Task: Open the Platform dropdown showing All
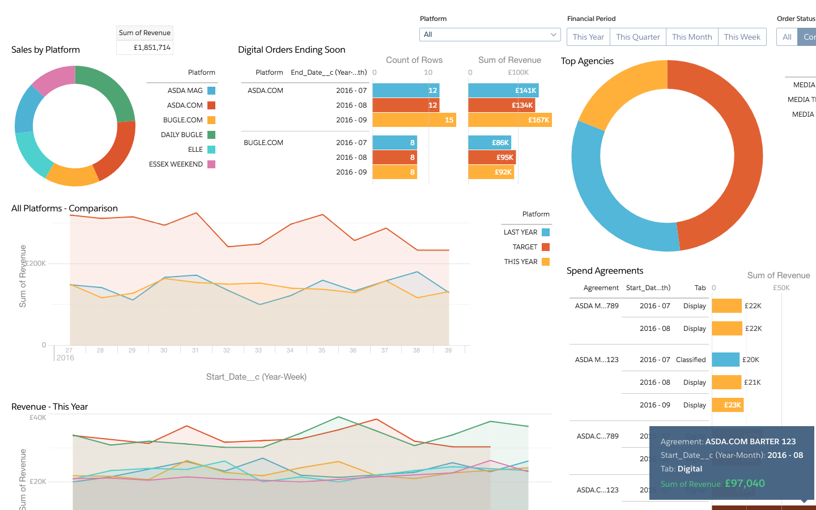click(x=490, y=35)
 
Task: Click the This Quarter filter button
click(x=637, y=37)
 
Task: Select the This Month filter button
click(x=691, y=37)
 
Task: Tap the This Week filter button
click(x=742, y=37)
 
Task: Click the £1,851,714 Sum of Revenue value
click(x=152, y=48)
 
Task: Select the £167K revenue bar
click(x=509, y=120)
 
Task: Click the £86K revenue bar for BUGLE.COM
click(x=490, y=143)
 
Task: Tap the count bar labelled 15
click(x=414, y=120)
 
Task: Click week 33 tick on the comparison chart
click(x=258, y=350)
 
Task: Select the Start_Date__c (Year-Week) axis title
click(x=256, y=377)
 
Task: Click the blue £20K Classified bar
click(x=725, y=360)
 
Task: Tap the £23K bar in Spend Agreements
click(x=728, y=405)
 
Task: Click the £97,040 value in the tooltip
click(x=745, y=483)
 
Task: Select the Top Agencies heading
click(x=587, y=61)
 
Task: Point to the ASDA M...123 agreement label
click(x=597, y=360)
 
